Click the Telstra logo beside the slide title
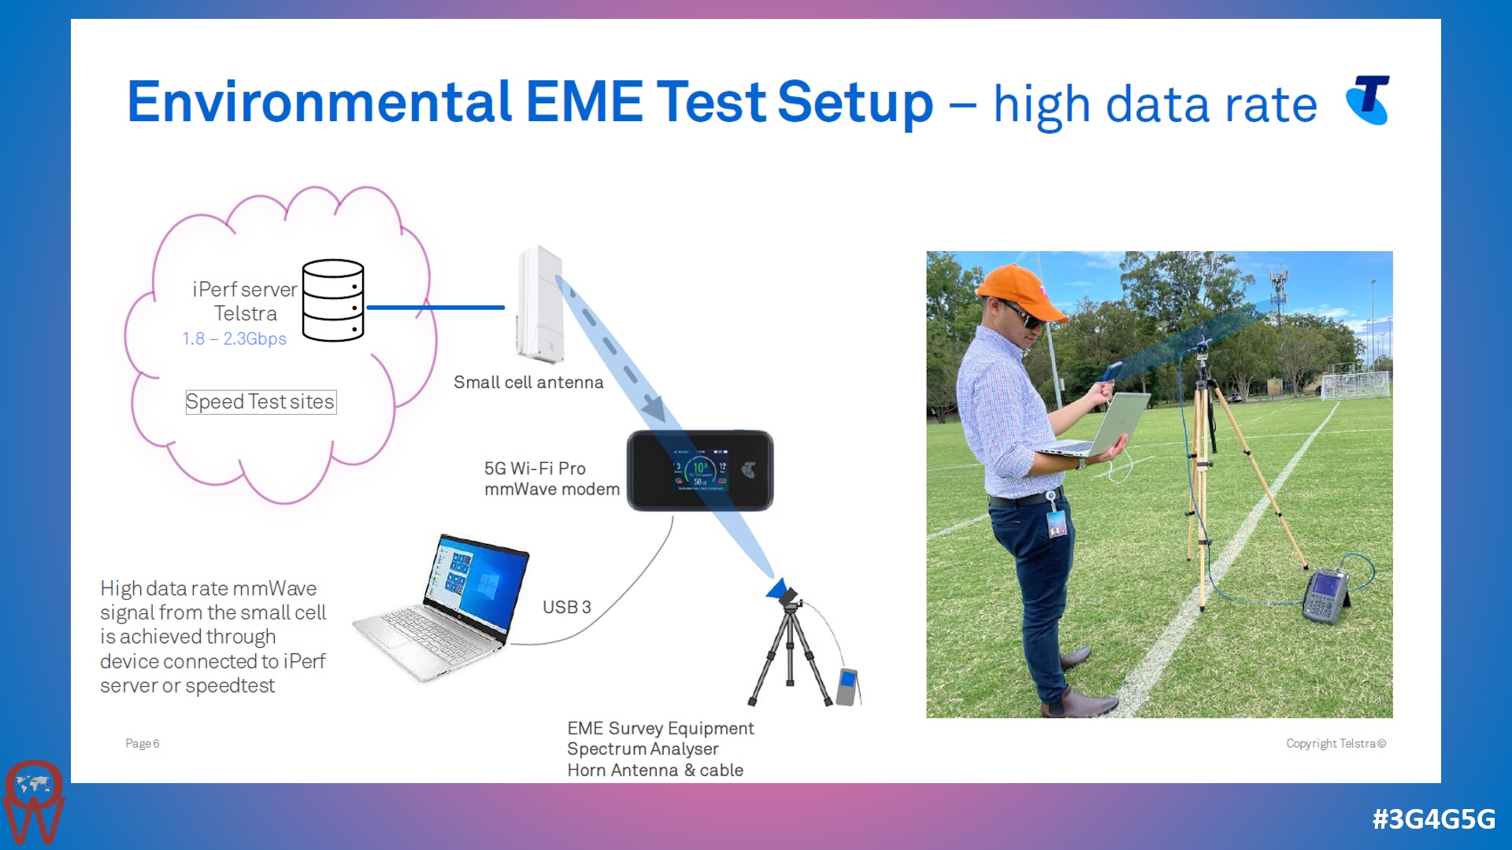pos(1369,100)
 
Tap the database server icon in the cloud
pos(333,300)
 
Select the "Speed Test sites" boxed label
pos(261,402)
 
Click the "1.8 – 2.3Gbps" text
pos(234,339)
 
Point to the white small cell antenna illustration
pos(539,305)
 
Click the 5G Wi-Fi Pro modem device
pos(699,471)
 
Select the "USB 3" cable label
pos(566,608)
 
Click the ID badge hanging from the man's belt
pos(1056,523)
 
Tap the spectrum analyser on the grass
pos(1326,594)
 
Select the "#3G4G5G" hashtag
pos(1433,819)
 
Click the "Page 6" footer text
pos(143,744)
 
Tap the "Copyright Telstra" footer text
pos(1336,744)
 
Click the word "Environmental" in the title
pos(319,102)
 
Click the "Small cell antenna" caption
pos(528,382)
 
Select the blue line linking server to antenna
pos(435,308)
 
